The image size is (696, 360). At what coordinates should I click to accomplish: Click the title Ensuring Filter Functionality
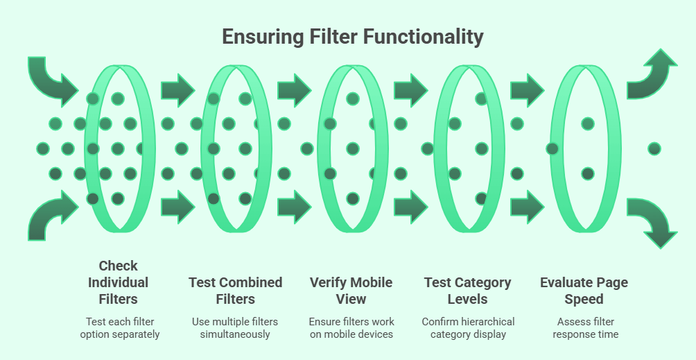point(352,37)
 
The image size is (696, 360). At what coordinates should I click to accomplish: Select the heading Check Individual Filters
point(118,282)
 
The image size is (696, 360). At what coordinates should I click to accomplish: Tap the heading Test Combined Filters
point(235,291)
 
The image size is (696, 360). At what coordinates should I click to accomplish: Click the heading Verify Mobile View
point(351,291)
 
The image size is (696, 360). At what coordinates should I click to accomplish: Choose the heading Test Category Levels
point(467,291)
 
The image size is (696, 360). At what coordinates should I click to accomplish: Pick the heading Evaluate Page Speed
point(585,291)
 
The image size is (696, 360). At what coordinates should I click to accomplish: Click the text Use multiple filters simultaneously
point(235,327)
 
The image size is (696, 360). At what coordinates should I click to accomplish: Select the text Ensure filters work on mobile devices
point(351,327)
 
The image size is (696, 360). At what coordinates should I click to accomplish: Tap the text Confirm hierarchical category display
point(468,327)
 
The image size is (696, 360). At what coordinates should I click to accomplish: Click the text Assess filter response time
point(585,327)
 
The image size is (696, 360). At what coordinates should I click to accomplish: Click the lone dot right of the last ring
point(654,148)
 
